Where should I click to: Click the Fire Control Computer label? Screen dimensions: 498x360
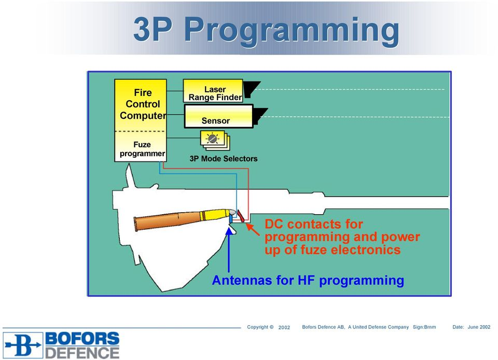click(143, 104)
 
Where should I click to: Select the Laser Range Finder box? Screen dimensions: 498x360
click(213, 91)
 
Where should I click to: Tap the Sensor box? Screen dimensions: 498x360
click(218, 116)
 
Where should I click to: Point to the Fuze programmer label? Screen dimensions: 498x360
click(142, 149)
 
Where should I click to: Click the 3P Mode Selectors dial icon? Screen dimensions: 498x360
click(213, 139)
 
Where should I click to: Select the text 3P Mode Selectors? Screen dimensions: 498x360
click(223, 159)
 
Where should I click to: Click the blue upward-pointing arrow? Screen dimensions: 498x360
click(229, 249)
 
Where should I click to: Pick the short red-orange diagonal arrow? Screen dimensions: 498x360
click(253, 229)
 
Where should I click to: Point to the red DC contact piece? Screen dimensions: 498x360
click(241, 216)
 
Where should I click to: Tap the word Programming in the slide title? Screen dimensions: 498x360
click(292, 30)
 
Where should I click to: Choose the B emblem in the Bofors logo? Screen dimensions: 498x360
click(23, 345)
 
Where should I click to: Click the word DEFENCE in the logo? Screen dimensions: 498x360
click(82, 353)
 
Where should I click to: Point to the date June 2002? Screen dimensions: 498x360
click(479, 327)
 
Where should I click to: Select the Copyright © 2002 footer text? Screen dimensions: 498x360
click(268, 327)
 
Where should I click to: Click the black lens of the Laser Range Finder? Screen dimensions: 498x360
click(252, 88)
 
